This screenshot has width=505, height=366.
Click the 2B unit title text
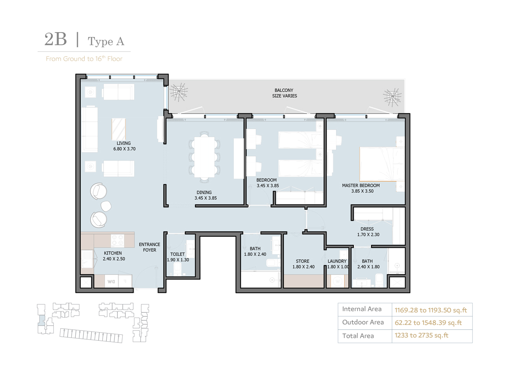(x=55, y=40)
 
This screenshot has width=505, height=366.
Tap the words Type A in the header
(x=106, y=41)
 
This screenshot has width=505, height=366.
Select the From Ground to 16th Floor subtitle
(x=84, y=59)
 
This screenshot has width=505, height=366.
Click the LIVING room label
(x=124, y=143)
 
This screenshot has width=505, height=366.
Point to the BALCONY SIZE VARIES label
(x=284, y=93)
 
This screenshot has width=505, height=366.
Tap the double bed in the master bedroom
(x=381, y=163)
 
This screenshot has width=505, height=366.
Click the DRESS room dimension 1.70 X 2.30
(x=368, y=235)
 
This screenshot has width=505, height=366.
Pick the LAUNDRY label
(x=337, y=261)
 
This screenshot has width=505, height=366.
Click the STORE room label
(x=303, y=261)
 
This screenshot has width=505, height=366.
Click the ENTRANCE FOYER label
(x=149, y=247)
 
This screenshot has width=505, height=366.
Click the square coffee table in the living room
(x=119, y=129)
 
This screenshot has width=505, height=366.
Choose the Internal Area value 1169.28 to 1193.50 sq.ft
(x=430, y=310)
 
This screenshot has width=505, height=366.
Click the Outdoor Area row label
(x=363, y=322)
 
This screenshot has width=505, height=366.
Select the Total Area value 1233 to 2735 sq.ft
(x=421, y=335)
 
